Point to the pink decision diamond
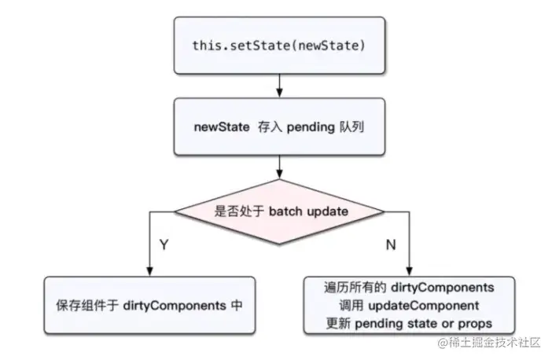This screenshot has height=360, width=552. tap(279, 211)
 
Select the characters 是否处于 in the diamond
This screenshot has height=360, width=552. tap(238, 211)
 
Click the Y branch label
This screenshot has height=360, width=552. tap(164, 245)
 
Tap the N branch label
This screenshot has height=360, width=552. tap(391, 245)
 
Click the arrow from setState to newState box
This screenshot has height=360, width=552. tap(279, 83)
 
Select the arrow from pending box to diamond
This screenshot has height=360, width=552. tap(279, 167)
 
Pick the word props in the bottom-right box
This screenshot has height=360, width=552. tap(477, 323)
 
